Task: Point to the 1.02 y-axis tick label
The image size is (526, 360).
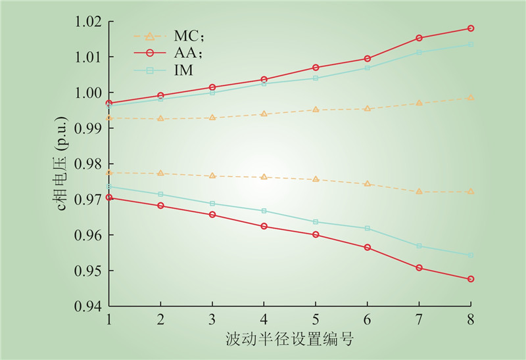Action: point(89,22)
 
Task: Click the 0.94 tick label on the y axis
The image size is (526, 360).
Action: point(89,306)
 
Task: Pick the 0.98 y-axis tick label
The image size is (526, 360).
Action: point(89,164)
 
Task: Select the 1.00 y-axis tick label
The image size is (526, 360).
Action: point(89,93)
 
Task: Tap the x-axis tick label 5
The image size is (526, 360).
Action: point(316,319)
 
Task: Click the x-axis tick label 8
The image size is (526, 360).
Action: point(471,319)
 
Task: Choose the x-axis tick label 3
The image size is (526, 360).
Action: point(212,319)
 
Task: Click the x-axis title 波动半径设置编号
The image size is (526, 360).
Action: point(289,340)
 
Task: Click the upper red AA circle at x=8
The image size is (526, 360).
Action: point(471,28)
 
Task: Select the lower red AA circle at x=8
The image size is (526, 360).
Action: point(471,279)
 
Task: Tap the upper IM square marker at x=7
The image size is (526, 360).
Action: point(419,53)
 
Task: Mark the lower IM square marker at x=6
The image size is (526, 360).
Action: point(368,228)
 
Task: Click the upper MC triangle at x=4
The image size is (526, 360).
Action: point(264,114)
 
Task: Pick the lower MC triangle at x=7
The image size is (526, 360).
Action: point(419,191)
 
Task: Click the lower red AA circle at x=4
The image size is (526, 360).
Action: point(264,226)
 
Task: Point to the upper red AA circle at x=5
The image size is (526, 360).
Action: point(316,68)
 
